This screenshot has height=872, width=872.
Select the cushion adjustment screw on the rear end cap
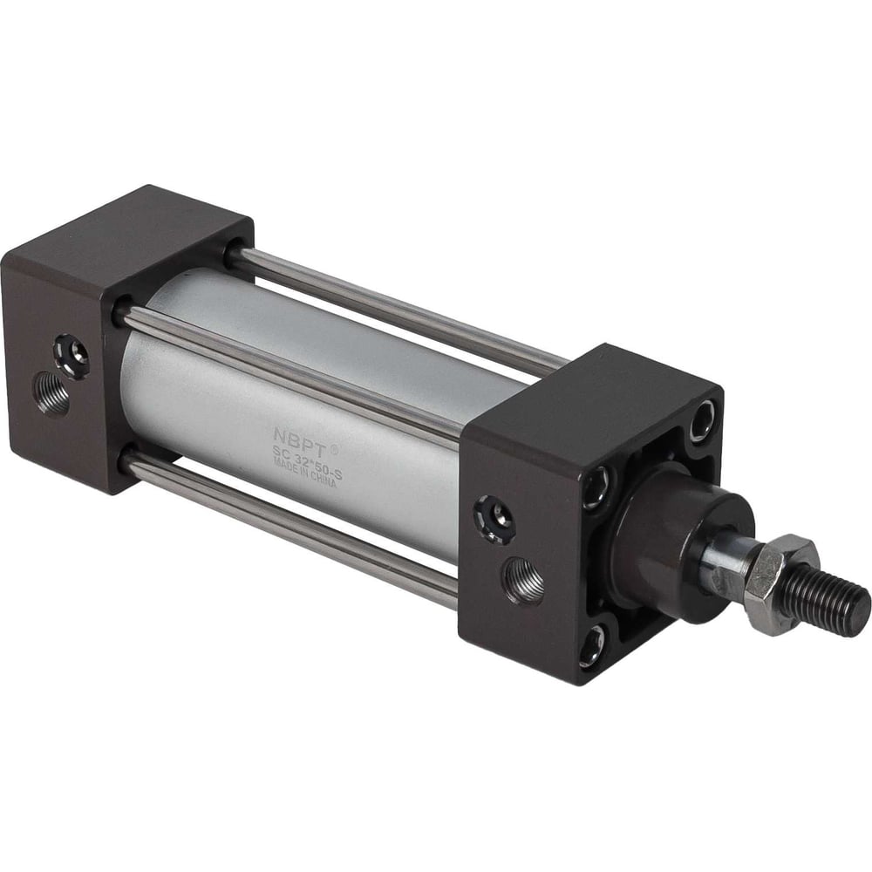tap(72, 355)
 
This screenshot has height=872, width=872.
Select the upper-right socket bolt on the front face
tap(702, 421)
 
